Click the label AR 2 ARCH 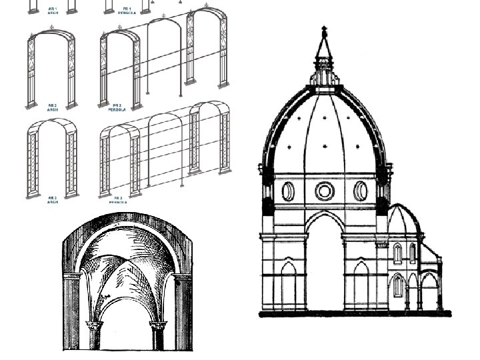coord(52,106)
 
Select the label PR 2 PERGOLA coord(118,106)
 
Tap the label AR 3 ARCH coord(52,199)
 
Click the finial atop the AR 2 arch coord(51,29)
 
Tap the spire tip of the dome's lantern coord(325,29)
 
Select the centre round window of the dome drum coord(325,191)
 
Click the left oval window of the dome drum coord(288,191)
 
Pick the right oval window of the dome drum coord(361,191)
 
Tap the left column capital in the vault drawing coord(93,326)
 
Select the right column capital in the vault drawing coord(158,326)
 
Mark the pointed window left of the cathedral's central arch coord(288,283)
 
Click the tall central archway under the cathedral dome coord(325,267)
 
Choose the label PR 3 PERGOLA coord(118,199)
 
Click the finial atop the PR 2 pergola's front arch coord(120,27)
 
